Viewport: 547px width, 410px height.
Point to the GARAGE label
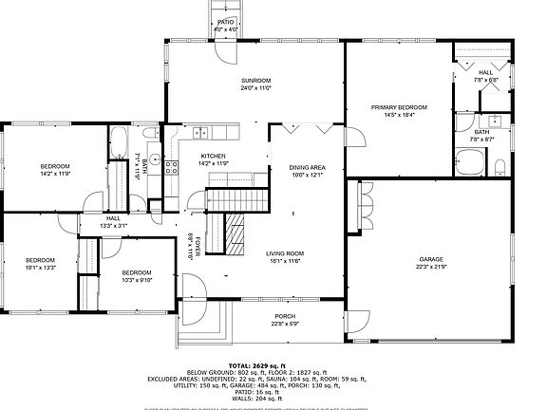tap(432, 262)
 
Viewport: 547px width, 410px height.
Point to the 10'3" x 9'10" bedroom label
tap(137, 274)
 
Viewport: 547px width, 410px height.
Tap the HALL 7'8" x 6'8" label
tap(485, 75)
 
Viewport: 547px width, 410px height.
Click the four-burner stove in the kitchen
tap(172, 168)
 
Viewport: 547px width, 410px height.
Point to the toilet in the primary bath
tap(500, 169)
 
